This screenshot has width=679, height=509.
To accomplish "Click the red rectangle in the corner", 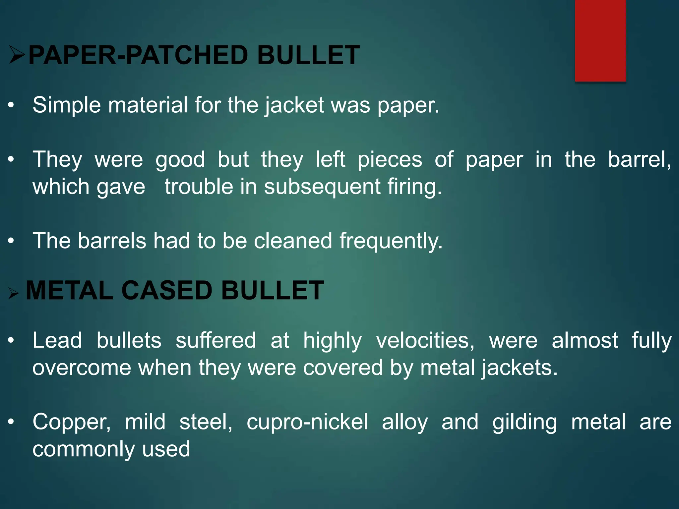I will coord(600,40).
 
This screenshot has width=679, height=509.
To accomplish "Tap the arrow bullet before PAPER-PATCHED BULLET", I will coord(17,55).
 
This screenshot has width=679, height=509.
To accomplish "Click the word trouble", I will coord(199,187).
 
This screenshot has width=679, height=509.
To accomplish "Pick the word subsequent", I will coord(322,187).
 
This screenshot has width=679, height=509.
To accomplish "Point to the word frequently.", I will coord(391,241).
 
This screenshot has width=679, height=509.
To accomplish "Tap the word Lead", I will coord(57,341).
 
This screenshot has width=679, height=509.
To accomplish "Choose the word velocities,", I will coord(425,341).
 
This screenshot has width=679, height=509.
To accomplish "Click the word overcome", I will coord(82,368).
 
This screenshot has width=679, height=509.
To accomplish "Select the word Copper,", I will coord(72,422).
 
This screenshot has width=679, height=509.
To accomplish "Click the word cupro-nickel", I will coord(307,422).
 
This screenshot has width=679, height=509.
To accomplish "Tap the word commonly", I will coord(84,449).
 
